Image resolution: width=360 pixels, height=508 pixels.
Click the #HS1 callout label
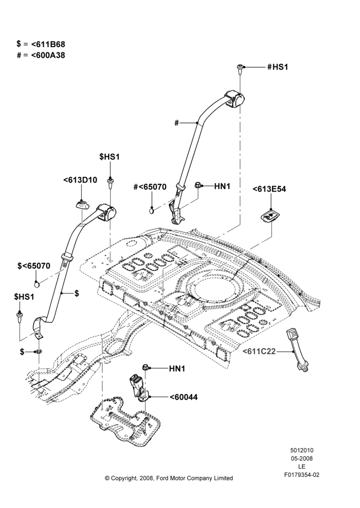point(277,67)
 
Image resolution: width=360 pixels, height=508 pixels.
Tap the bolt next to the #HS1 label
point(239,70)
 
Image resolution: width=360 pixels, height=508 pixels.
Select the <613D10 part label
point(80,180)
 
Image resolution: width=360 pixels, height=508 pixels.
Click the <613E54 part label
point(269,189)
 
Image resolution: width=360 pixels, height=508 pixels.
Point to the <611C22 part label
point(259,351)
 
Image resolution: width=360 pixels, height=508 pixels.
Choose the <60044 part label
point(183,397)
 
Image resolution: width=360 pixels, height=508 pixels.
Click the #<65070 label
point(150,187)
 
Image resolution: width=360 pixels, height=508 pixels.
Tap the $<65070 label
point(34,266)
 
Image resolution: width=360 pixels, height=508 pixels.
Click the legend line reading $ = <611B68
point(41,44)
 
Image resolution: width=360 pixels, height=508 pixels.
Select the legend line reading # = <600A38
point(41,55)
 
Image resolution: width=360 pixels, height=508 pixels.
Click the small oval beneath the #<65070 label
point(152,211)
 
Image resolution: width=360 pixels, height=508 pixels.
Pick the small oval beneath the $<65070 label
point(38,284)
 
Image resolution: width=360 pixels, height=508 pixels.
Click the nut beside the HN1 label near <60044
point(145,368)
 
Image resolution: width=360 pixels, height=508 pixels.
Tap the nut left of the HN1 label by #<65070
point(197,185)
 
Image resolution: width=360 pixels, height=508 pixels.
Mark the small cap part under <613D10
point(82,205)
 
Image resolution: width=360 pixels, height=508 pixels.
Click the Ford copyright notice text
point(169,478)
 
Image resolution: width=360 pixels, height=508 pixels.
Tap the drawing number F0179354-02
point(302,475)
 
